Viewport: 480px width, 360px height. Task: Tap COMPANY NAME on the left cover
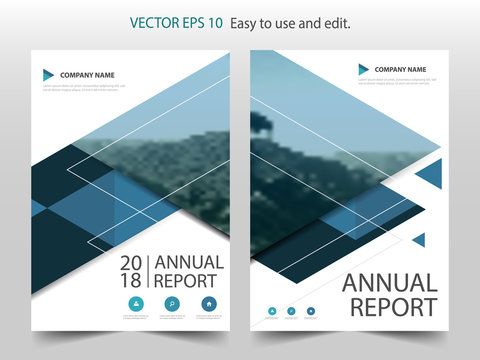click(88, 75)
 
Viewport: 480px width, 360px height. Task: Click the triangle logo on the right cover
click(364, 69)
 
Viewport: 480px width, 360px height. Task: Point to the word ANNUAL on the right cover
click(390, 283)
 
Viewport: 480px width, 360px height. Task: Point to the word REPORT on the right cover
click(390, 307)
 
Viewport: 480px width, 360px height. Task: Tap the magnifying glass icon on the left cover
click(172, 304)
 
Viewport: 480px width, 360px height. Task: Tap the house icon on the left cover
click(208, 304)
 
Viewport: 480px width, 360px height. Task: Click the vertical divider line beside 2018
click(148, 272)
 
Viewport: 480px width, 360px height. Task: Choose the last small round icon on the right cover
click(311, 312)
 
